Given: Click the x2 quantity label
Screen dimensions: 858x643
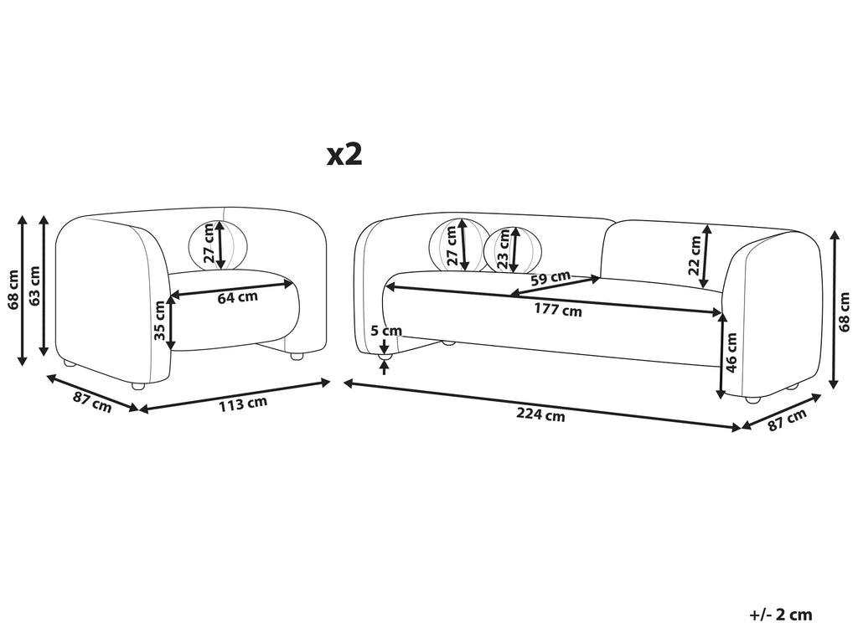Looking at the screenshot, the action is (344, 155).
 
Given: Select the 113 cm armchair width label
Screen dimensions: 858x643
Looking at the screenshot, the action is (243, 404).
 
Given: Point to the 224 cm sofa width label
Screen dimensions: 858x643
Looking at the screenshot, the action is (540, 415).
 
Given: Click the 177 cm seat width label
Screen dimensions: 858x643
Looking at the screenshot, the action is (558, 310).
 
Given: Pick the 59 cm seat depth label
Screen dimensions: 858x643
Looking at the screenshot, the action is (550, 278).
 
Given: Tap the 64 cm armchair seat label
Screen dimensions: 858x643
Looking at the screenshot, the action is (237, 297).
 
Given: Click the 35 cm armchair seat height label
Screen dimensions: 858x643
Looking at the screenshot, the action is (159, 321).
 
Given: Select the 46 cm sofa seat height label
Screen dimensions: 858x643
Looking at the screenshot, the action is (731, 352).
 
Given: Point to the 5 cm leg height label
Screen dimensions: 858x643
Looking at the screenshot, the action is (385, 331).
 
